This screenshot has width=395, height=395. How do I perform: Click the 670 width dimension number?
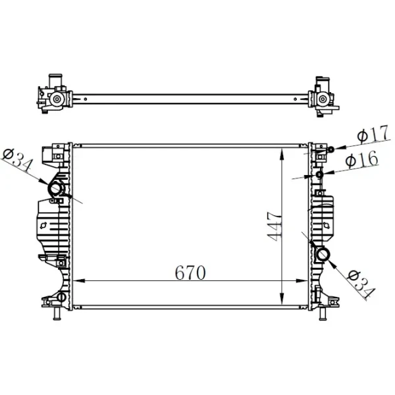click(190, 273)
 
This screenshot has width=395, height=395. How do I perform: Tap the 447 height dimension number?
click(274, 226)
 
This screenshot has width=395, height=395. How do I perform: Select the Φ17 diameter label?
click(373, 134)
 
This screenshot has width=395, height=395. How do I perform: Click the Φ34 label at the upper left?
click(18, 159)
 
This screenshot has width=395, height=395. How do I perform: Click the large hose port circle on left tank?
click(56, 189)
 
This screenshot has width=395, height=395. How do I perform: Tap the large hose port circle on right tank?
click(322, 254)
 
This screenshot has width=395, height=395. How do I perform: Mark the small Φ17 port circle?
click(330, 149)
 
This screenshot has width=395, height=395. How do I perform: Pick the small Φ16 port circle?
click(319, 174)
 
